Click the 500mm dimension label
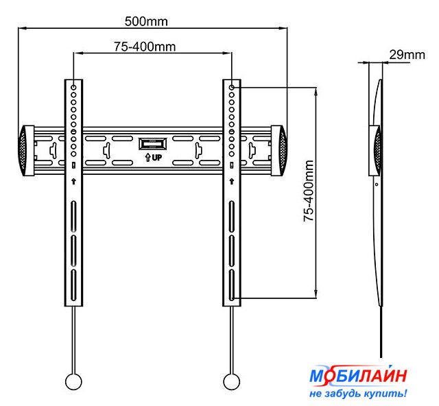[x=146, y=21]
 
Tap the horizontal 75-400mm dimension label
[x=145, y=47]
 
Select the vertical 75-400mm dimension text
[x=309, y=191]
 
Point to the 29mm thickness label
[x=407, y=55]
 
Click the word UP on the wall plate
[x=157, y=158]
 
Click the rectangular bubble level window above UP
[x=153, y=144]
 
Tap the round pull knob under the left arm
[x=73, y=381]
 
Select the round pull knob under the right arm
[x=232, y=381]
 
